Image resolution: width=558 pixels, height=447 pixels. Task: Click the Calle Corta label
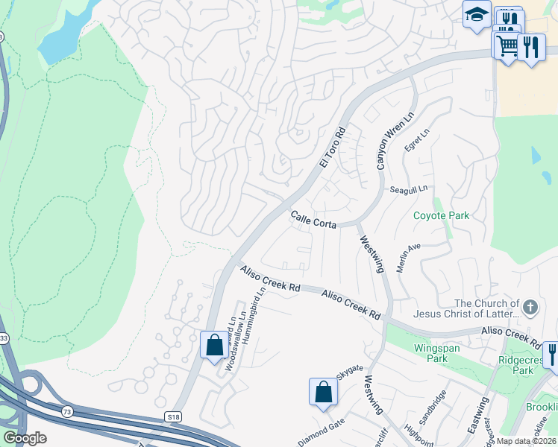click(x=313, y=220)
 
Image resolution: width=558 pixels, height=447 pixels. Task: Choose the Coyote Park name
click(x=442, y=216)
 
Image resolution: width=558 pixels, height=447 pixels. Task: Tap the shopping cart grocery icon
click(x=507, y=45)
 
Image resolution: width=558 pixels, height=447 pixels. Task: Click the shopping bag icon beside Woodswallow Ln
click(x=214, y=345)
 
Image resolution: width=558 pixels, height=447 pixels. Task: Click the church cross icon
click(x=530, y=307)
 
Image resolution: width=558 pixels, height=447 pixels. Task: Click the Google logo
click(x=25, y=438)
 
